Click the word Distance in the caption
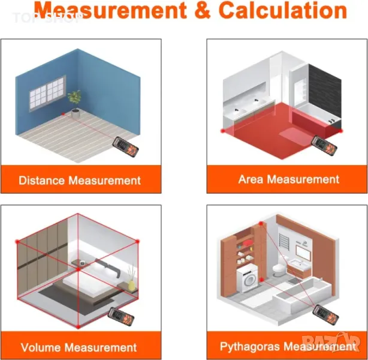point(41,181)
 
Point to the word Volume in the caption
point(42,347)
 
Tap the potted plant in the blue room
point(75,104)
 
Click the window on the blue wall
point(47,93)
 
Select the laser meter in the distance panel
point(125,147)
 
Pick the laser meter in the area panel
point(324,146)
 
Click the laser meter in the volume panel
point(121,318)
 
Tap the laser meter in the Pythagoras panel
point(326,314)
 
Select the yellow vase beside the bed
point(131,284)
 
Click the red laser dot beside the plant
point(63,114)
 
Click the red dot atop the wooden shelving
point(261,224)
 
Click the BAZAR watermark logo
point(331,341)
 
